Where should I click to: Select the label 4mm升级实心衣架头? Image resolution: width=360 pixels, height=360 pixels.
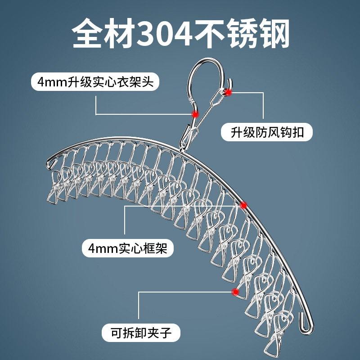[x=95, y=83]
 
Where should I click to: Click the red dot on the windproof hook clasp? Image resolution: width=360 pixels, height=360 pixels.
[x=229, y=92]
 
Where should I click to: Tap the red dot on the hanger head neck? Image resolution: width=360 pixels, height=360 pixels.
[x=195, y=114]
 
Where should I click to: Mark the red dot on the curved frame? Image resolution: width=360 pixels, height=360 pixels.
[x=244, y=205]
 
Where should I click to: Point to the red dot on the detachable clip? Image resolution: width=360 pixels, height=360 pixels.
[x=234, y=292]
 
